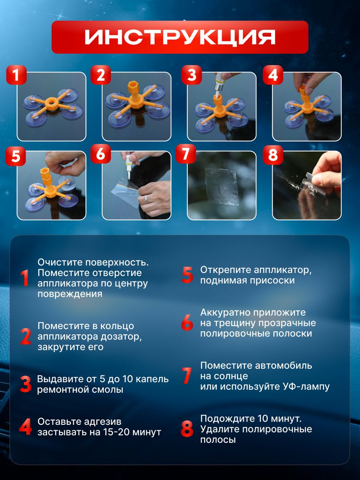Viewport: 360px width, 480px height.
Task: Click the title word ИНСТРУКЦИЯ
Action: (x=180, y=37)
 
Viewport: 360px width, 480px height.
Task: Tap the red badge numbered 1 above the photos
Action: (x=16, y=75)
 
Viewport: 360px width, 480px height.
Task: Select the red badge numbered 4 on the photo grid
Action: (x=273, y=75)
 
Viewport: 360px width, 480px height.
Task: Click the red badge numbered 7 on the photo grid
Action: (x=186, y=154)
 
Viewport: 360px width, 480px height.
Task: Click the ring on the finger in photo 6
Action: (x=146, y=198)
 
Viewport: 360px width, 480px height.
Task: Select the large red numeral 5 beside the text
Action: (x=187, y=275)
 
